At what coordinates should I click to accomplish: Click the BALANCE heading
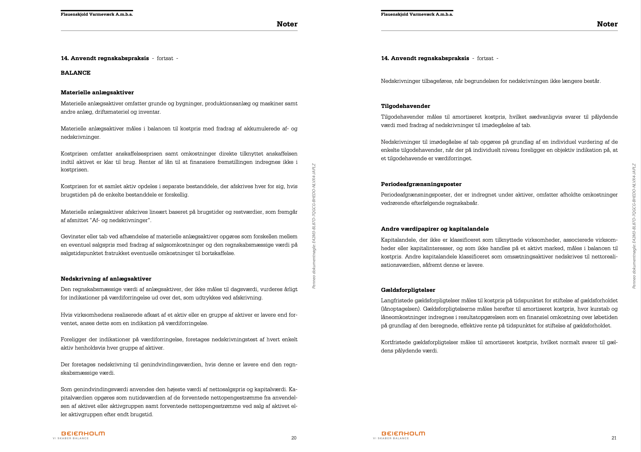pyautogui.click(x=75, y=73)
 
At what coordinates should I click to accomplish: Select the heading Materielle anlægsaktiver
pyautogui.click(x=97, y=92)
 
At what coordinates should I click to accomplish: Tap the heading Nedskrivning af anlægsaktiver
pyautogui.click(x=106, y=279)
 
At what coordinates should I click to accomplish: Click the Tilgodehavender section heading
pyautogui.click(x=405, y=106)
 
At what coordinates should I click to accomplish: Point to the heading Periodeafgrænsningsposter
pyautogui.click(x=421, y=184)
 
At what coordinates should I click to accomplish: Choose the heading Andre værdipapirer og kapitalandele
pyautogui.click(x=435, y=229)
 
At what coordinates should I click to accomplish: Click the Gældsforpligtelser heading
pyautogui.click(x=408, y=290)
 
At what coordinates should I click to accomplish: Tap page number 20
pyautogui.click(x=294, y=438)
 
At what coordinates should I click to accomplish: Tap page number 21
pyautogui.click(x=614, y=438)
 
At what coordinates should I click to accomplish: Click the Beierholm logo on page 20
pyautogui.click(x=83, y=434)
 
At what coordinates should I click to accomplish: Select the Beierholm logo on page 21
pyautogui.click(x=403, y=434)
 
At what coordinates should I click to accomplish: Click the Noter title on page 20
pyautogui.click(x=287, y=24)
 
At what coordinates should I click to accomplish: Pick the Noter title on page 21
pyautogui.click(x=607, y=24)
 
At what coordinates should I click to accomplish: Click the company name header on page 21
pyautogui.click(x=417, y=14)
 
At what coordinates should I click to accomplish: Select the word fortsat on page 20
pyautogui.click(x=165, y=58)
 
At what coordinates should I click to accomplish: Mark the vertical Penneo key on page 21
pyautogui.click(x=634, y=226)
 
